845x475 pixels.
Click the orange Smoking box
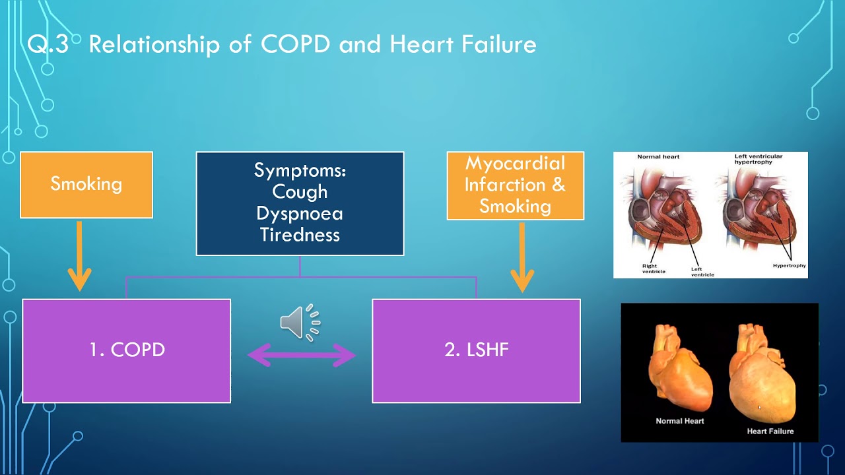(x=86, y=184)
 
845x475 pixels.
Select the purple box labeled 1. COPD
(x=126, y=350)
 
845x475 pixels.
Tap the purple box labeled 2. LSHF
(x=476, y=350)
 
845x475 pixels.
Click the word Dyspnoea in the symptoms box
(x=300, y=214)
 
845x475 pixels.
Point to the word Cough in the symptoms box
(x=300, y=192)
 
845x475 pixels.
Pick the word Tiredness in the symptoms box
(x=300, y=235)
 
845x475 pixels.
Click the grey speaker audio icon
(x=300, y=323)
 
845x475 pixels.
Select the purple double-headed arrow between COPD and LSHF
(x=302, y=356)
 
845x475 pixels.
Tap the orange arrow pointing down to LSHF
(x=522, y=257)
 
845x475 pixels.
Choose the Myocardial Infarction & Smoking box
(x=515, y=185)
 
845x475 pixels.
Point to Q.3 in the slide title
(x=48, y=44)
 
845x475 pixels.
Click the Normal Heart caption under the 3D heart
(x=679, y=421)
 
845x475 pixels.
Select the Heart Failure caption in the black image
(x=770, y=431)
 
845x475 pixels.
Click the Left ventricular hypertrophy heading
(x=759, y=159)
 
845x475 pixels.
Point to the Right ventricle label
(x=654, y=269)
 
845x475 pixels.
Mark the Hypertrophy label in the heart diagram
(x=789, y=266)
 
